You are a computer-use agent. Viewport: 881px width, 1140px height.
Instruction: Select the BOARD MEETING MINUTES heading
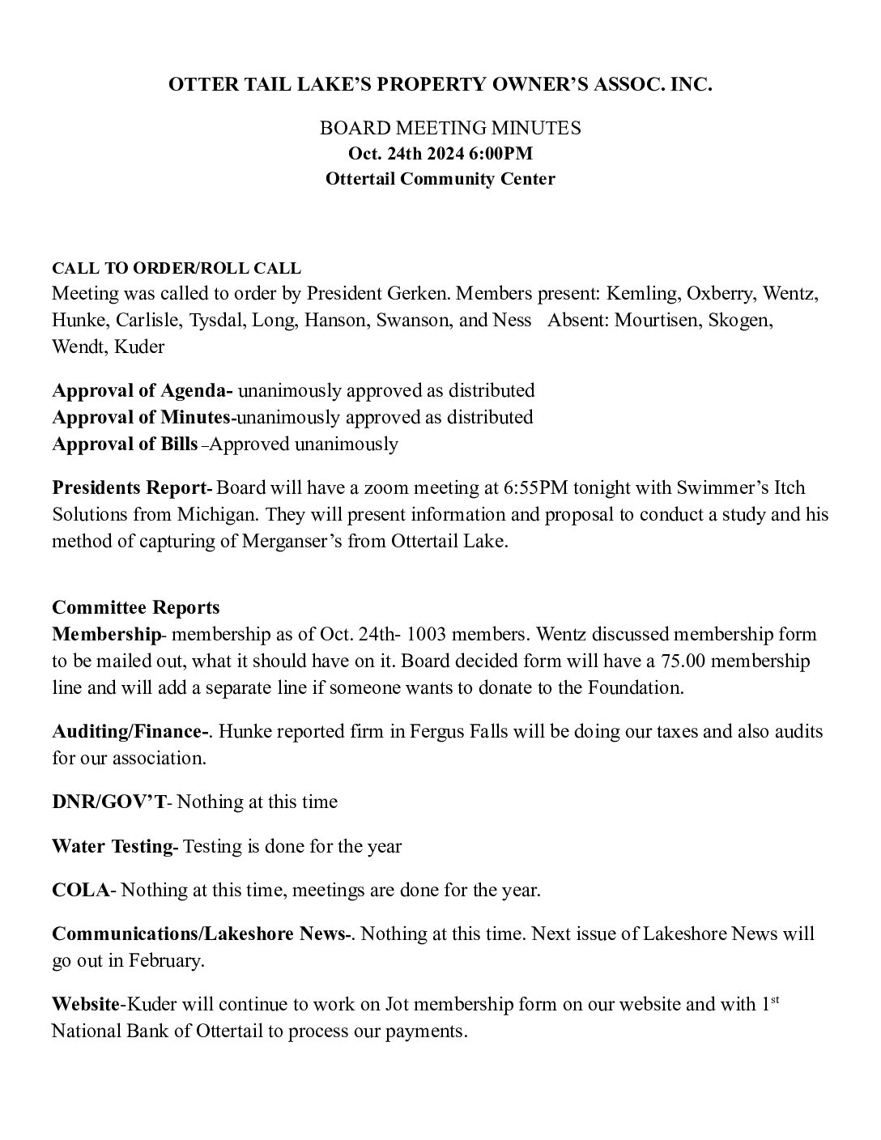[450, 128]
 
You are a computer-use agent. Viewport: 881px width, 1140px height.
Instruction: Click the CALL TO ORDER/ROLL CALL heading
[177, 268]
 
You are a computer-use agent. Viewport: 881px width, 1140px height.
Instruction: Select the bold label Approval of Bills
[125, 444]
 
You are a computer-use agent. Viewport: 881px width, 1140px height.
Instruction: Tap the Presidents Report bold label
[130, 488]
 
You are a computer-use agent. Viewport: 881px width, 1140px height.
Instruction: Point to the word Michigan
[216, 515]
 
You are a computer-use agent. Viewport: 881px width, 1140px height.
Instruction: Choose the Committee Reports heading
[135, 607]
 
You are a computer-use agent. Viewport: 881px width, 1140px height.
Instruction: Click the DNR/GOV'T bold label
[109, 802]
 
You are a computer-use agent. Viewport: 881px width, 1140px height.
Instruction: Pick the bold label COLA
[80, 891]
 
